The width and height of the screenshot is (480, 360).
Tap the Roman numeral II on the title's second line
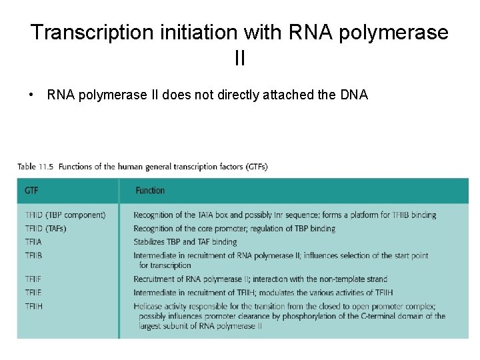tap(240, 59)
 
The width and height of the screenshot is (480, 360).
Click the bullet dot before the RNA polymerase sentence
tap(32, 95)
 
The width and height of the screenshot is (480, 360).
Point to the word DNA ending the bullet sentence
tap(353, 95)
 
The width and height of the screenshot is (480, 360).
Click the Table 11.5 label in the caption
tap(36, 166)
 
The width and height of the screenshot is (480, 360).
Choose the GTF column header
tap(31, 191)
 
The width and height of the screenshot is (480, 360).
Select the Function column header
tap(150, 191)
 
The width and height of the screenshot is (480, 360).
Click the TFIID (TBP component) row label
tap(65, 215)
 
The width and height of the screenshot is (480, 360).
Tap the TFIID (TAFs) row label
tap(45, 228)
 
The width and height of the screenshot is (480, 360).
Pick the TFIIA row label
tap(33, 241)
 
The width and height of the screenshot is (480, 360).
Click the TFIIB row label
tap(33, 255)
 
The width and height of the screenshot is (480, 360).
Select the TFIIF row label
tap(33, 279)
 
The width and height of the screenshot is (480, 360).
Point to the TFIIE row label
tap(33, 293)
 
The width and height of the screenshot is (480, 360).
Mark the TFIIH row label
tap(33, 306)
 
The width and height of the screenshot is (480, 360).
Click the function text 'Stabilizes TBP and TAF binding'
tap(185, 241)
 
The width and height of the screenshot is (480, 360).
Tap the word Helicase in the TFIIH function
tap(149, 306)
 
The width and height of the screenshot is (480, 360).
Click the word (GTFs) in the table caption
tap(253, 166)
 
